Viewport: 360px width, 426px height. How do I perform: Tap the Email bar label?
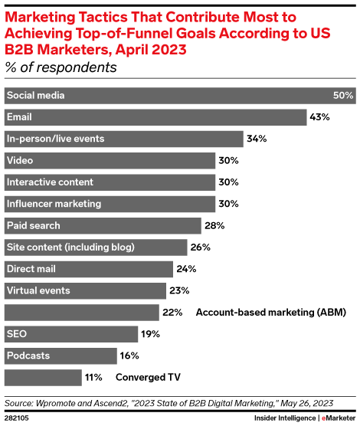point(19,117)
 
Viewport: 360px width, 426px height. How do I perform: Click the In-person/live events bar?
point(123,139)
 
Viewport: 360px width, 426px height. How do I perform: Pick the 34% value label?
point(256,139)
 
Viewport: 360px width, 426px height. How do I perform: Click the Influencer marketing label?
point(54,204)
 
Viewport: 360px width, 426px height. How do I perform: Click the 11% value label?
point(94,378)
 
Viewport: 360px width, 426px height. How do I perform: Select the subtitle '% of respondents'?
point(61,67)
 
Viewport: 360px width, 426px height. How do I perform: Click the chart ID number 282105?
point(18,418)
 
